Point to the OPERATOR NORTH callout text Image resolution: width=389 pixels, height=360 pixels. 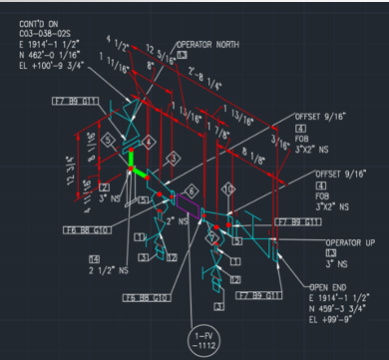click(210, 45)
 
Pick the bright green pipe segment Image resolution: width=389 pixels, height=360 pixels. click(132, 162)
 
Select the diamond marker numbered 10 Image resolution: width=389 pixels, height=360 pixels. click(228, 188)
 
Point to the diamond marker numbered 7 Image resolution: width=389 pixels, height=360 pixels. click(210, 237)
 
